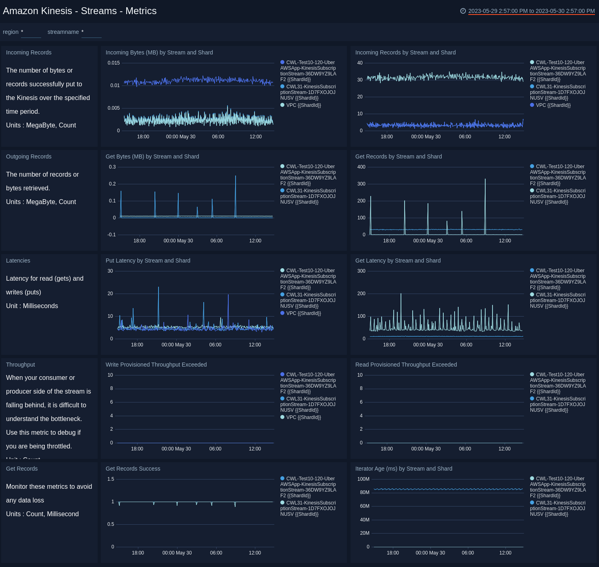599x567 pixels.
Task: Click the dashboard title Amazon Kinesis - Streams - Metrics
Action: point(79,11)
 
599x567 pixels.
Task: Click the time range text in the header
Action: point(531,11)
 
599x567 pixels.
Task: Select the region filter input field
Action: point(31,32)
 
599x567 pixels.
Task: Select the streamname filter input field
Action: point(92,32)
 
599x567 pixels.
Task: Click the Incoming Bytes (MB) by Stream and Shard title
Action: point(159,52)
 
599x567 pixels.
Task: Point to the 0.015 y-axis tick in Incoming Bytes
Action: point(114,63)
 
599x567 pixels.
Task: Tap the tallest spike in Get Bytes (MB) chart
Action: point(236,176)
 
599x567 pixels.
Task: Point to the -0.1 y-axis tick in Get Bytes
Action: point(111,235)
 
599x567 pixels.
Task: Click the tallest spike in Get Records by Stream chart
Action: point(485,179)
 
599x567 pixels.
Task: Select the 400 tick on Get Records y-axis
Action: point(361,167)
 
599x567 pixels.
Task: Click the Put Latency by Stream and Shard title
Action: point(148,261)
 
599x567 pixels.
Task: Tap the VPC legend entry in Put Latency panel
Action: point(303,313)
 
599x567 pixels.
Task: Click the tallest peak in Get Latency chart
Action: point(401,294)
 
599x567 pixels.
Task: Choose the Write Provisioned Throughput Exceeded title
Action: point(156,365)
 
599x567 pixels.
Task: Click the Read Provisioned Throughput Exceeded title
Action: point(406,365)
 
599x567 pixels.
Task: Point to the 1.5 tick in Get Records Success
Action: point(111,479)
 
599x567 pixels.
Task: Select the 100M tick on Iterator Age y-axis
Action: point(363,479)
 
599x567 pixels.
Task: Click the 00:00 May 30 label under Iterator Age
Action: point(430,553)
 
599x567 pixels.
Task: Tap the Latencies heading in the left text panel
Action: point(18,261)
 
